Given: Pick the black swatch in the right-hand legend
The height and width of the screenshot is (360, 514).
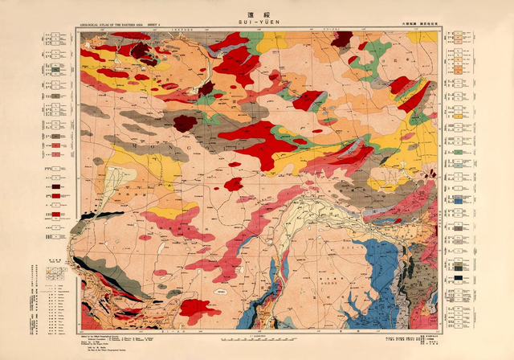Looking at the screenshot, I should [457, 278].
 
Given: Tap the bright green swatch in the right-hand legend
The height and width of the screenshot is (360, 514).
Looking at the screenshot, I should [457, 151].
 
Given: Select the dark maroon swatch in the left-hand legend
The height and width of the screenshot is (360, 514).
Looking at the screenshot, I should [57, 186].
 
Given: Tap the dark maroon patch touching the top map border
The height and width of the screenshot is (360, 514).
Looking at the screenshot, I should [343, 38].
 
